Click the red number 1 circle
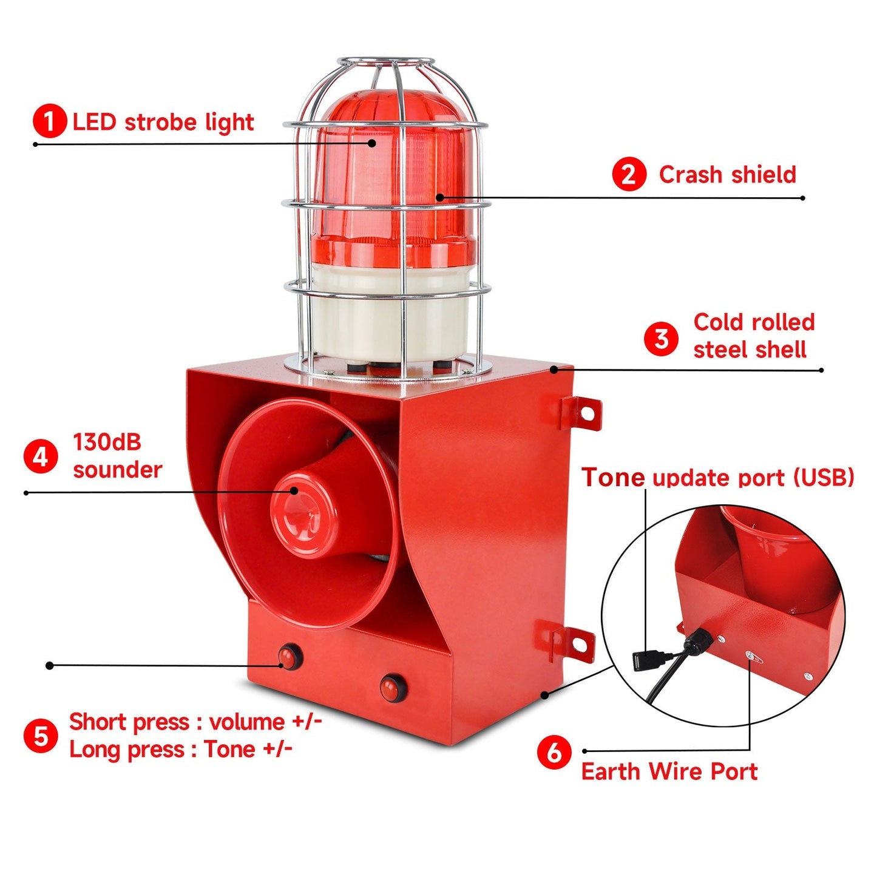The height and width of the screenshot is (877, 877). pos(50,121)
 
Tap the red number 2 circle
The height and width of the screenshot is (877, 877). pos(629,174)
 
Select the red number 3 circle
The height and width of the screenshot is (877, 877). pos(661,339)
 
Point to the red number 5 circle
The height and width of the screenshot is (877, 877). pos(41,736)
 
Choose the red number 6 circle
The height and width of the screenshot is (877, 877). pos(554,752)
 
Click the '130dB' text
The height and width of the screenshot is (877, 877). pos(107,442)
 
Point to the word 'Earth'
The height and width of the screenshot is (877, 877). pos(612,771)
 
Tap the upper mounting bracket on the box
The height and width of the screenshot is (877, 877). pos(581,412)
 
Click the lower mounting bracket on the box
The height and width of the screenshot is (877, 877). pos(573,642)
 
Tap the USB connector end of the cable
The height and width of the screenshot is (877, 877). pos(648,658)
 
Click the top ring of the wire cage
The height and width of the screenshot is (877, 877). pos(386,63)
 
